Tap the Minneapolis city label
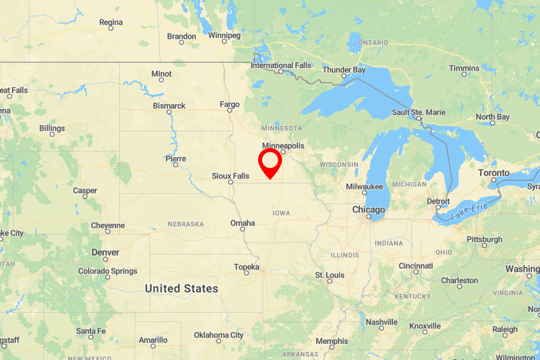pos(283,145)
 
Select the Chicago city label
pos(369,209)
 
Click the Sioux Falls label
pos(230,176)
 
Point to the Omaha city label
pos(242,223)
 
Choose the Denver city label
pos(105,253)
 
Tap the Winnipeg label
pos(223,35)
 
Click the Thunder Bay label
pos(343,70)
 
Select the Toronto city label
pos(494,173)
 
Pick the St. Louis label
pos(329,275)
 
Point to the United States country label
pos(181,289)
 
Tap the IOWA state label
pos(281,213)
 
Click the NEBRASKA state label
pos(185,224)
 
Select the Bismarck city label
pos(169,106)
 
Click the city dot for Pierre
pos(175,165)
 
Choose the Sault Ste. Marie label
pos(418,112)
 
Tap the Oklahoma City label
pos(219,335)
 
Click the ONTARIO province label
pos(373,43)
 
